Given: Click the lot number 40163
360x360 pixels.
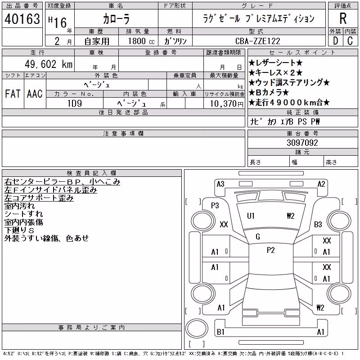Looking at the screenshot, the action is click(22, 18).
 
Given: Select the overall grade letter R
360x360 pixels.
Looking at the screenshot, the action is click(343, 18).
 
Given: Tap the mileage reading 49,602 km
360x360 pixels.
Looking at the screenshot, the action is click(49, 64).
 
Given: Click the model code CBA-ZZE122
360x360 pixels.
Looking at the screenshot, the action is click(257, 41).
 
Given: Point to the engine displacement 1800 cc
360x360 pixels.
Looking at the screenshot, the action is click(141, 41).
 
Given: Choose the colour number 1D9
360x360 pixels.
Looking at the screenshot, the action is click(75, 103).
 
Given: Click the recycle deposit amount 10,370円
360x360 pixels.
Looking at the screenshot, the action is click(226, 103).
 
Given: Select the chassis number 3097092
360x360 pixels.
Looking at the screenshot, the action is click(302, 143).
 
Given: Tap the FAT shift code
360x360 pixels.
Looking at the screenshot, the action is click(13, 94).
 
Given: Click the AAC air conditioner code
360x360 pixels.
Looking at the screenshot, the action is click(35, 94).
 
